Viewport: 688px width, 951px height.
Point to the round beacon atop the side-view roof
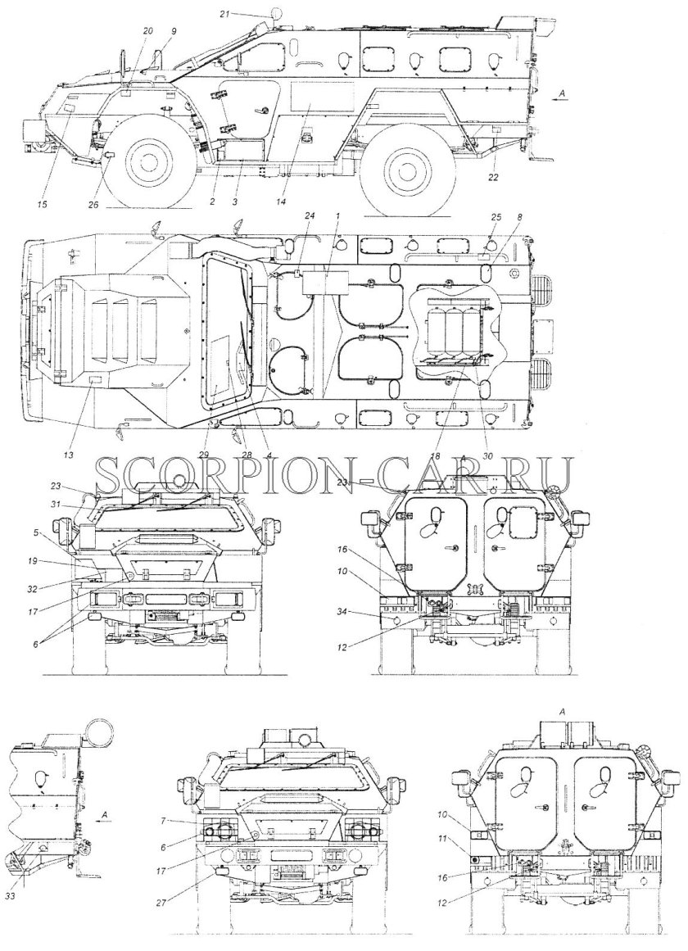point(277,13)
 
